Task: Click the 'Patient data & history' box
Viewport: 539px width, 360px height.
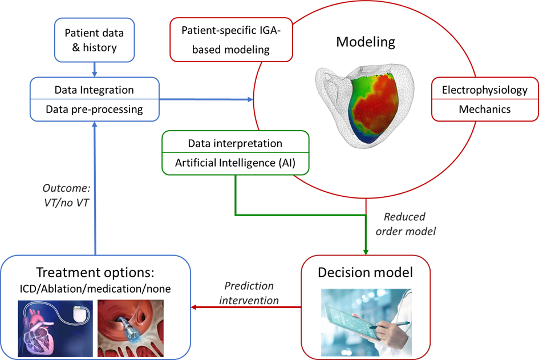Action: (94, 39)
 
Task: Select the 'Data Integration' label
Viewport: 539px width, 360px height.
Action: (94, 90)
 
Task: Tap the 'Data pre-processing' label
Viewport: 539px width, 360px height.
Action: (94, 109)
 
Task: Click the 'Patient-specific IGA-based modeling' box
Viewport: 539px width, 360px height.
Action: (231, 40)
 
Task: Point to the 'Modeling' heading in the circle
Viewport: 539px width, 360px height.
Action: (366, 42)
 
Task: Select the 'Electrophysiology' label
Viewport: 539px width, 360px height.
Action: (484, 90)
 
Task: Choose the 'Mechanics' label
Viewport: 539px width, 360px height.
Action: (484, 109)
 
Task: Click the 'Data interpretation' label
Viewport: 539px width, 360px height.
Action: (235, 143)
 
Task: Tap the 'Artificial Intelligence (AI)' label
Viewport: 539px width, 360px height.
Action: (235, 163)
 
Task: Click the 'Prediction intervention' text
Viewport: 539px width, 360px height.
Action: (249, 293)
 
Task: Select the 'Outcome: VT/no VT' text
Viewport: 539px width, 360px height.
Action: (66, 195)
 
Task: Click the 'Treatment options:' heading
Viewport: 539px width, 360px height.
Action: (95, 272)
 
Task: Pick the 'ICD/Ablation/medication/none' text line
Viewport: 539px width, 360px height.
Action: (95, 289)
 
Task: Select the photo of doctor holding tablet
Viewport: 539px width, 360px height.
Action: (366, 323)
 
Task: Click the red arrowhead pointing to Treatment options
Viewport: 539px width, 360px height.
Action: (196, 308)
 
